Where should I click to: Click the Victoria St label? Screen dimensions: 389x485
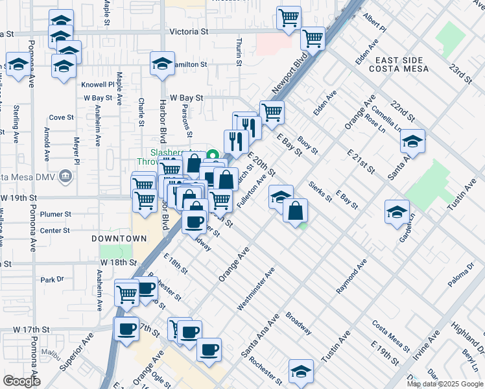tap(188, 31)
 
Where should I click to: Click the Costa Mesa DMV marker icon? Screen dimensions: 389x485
tap(65, 176)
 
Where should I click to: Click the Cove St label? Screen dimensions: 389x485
tap(62, 117)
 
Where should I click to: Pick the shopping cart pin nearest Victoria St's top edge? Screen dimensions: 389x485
tap(289, 18)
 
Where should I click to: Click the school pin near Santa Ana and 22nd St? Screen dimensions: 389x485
tap(412, 140)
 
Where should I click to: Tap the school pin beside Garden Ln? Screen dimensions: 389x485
tap(397, 211)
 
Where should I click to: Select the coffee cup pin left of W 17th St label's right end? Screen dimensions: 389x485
tap(126, 329)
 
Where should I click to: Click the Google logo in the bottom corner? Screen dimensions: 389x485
tap(21, 382)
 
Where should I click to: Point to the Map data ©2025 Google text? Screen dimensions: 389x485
tap(445, 384)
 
